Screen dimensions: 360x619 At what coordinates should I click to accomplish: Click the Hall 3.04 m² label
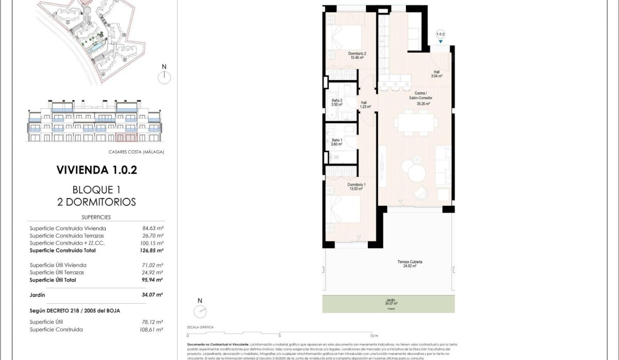(x=437, y=73)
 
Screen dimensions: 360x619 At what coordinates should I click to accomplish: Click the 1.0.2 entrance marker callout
(x=440, y=35)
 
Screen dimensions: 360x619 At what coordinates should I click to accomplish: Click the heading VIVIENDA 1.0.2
(x=96, y=170)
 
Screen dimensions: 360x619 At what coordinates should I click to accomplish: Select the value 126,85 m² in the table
(x=152, y=251)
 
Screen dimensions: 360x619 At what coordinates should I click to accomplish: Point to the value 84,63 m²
(x=153, y=228)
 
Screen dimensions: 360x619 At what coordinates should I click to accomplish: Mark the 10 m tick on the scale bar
(x=373, y=335)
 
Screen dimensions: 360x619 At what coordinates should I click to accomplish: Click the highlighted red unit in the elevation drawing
(x=126, y=137)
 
